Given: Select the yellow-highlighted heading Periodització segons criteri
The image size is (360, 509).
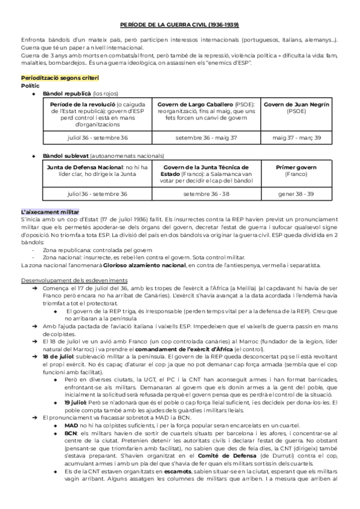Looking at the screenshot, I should [60, 79].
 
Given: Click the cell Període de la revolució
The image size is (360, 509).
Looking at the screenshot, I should [97, 115].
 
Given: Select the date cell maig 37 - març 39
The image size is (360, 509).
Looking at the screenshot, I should [296, 137].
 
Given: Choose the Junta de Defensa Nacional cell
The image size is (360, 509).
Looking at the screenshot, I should [97, 171].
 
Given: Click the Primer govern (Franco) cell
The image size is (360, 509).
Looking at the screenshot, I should [296, 171].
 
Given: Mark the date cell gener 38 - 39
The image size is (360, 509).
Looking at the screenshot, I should [296, 194].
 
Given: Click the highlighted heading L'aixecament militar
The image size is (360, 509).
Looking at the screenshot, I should [50, 213].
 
